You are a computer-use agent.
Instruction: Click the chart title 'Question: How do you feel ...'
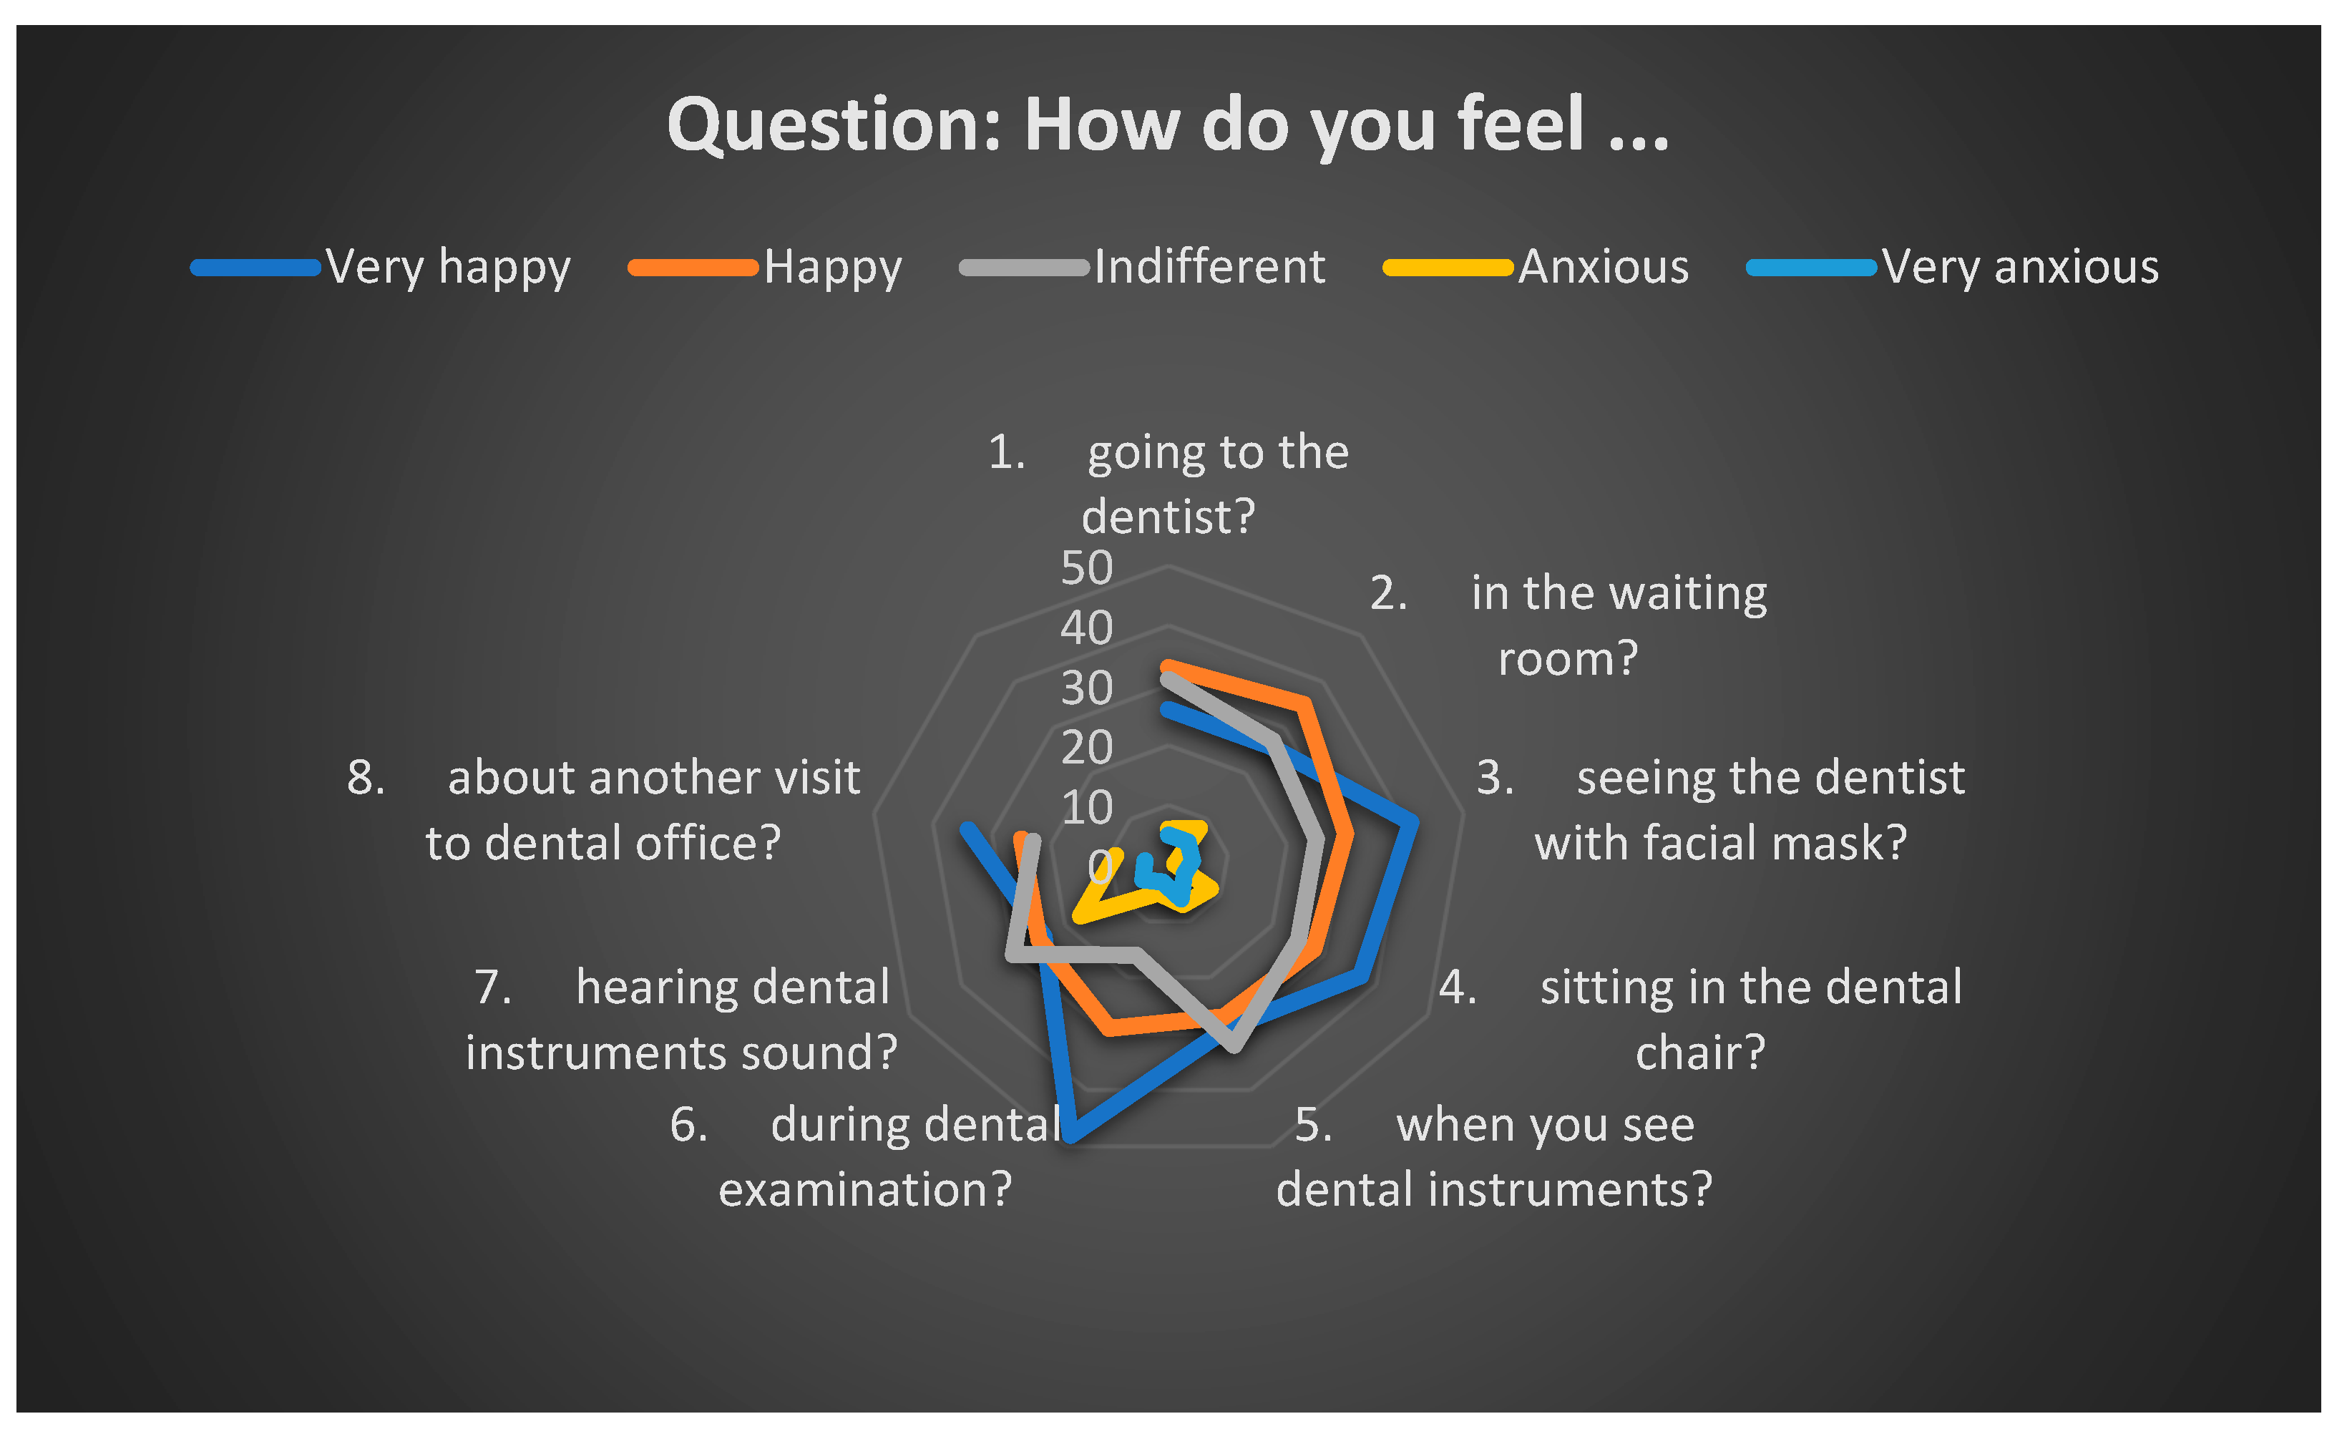pos(1168,125)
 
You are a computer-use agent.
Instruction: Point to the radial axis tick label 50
pos(1087,568)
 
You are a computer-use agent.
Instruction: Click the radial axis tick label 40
pos(1087,628)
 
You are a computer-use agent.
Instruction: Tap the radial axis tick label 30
pos(1087,688)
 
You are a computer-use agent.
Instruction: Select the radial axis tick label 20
pos(1087,747)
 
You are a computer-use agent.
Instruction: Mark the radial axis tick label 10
pos(1087,808)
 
